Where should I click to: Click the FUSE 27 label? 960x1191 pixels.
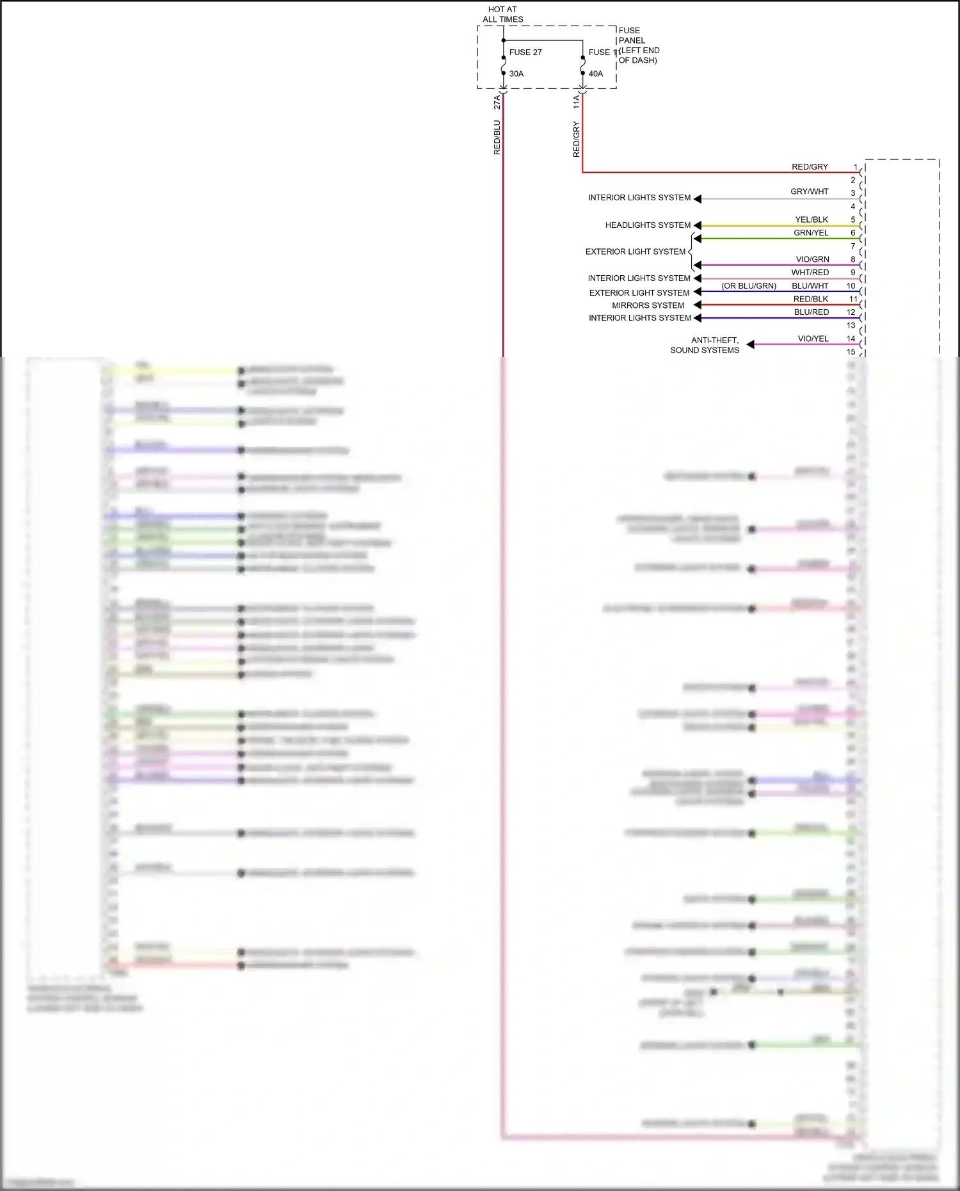point(525,52)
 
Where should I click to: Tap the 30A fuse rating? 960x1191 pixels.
point(516,74)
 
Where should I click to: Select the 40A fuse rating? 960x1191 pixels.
point(596,74)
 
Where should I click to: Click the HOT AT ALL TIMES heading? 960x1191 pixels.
point(502,14)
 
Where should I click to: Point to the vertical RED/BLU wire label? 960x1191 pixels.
point(497,138)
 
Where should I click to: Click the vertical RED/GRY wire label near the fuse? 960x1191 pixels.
point(576,140)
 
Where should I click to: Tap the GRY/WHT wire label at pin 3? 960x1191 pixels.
point(809,191)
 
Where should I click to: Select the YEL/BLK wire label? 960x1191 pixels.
point(812,220)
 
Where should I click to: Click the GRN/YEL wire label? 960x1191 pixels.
point(811,233)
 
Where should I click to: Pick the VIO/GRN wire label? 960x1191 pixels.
point(812,259)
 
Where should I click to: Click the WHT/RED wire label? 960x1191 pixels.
point(810,273)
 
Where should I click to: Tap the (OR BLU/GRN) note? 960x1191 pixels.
point(749,286)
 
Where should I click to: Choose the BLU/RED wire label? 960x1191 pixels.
point(811,312)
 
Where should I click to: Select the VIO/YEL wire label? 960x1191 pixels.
point(813,339)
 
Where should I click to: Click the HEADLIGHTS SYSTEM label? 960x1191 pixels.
point(648,225)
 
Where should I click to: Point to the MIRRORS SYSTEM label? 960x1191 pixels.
point(648,305)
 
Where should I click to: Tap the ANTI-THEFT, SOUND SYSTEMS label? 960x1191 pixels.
point(705,345)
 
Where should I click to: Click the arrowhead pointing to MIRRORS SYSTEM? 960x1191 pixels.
point(698,305)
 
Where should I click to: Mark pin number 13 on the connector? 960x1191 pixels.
point(851,325)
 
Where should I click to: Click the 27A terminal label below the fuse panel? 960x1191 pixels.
point(497,102)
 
